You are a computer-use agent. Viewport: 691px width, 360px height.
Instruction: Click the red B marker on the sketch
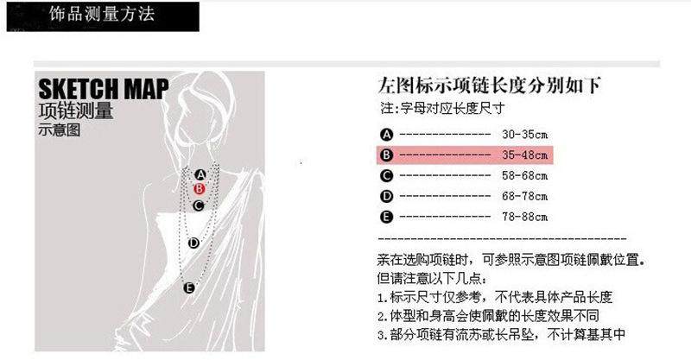click(x=200, y=189)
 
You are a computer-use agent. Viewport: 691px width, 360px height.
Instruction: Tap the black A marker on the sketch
click(x=200, y=175)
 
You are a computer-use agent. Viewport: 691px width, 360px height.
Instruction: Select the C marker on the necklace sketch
click(x=199, y=205)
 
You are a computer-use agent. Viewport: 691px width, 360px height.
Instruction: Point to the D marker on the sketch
click(x=193, y=243)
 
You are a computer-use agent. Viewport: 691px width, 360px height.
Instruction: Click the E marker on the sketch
click(x=189, y=287)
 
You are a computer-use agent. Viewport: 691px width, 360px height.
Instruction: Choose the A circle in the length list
click(x=386, y=135)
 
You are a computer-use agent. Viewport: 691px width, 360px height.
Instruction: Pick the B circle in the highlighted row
click(x=386, y=155)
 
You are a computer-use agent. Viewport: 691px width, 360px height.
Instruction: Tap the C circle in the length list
click(x=386, y=176)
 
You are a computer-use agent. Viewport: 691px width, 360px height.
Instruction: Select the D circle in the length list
click(x=386, y=196)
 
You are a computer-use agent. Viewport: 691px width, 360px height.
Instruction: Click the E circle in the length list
click(x=386, y=217)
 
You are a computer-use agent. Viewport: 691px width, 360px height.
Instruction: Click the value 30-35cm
click(x=524, y=135)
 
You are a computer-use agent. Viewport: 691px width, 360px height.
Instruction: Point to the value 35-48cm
click(x=524, y=155)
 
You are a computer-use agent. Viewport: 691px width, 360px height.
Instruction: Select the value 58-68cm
click(x=524, y=176)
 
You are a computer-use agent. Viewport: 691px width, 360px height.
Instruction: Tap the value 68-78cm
click(x=524, y=196)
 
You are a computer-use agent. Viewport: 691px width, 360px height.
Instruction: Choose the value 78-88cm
click(x=524, y=217)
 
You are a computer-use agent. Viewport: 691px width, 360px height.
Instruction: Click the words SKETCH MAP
click(x=104, y=89)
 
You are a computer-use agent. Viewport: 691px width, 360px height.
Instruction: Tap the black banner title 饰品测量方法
click(x=102, y=15)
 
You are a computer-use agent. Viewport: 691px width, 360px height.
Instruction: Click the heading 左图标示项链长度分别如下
click(x=489, y=85)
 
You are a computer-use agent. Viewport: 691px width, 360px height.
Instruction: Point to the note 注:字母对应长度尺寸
click(x=442, y=108)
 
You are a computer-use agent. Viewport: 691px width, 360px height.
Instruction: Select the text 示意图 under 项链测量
click(x=60, y=130)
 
